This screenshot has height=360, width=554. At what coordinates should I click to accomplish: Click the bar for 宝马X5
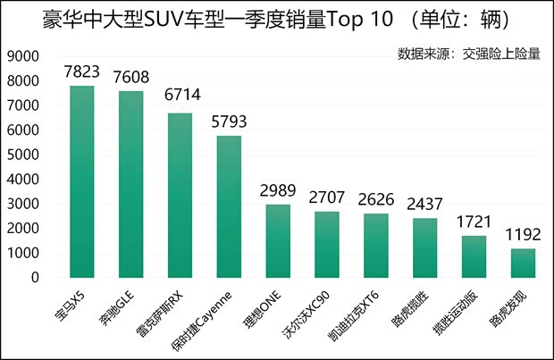click(82, 181)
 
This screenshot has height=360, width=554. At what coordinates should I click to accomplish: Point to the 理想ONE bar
click(278, 241)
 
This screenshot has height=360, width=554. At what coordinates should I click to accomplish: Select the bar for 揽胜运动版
click(474, 256)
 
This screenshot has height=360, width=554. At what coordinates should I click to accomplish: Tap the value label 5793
click(229, 122)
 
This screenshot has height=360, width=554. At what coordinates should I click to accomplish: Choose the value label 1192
click(524, 236)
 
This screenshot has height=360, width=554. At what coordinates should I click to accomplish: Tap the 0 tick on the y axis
click(35, 278)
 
